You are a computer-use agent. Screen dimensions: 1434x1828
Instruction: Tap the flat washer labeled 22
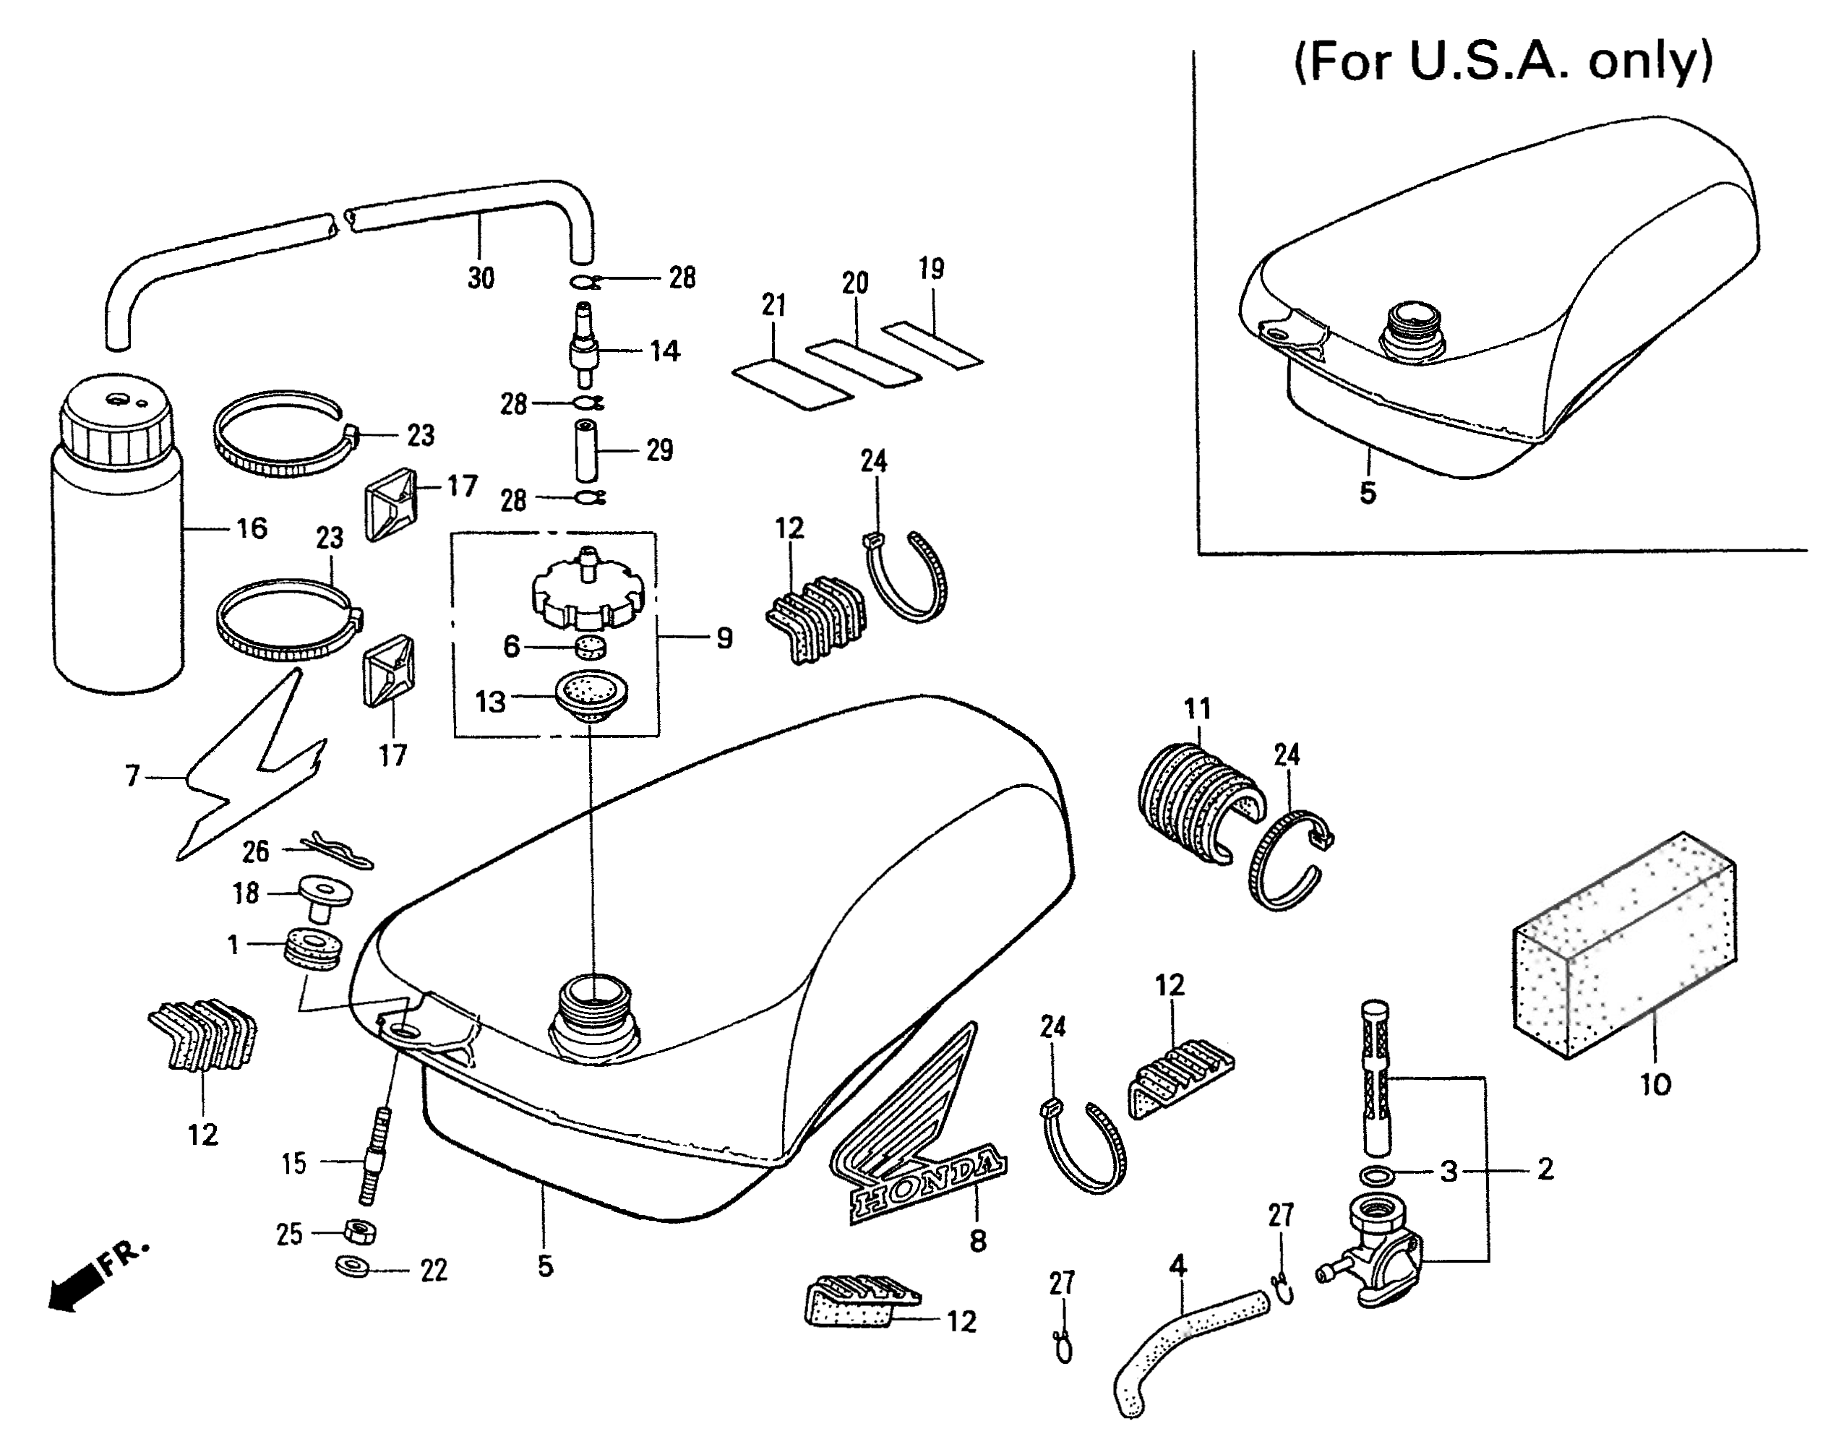click(x=354, y=1266)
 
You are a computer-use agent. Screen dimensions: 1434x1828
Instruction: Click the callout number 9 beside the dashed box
click(x=724, y=638)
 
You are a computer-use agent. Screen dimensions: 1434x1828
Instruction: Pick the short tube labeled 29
click(x=586, y=450)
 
